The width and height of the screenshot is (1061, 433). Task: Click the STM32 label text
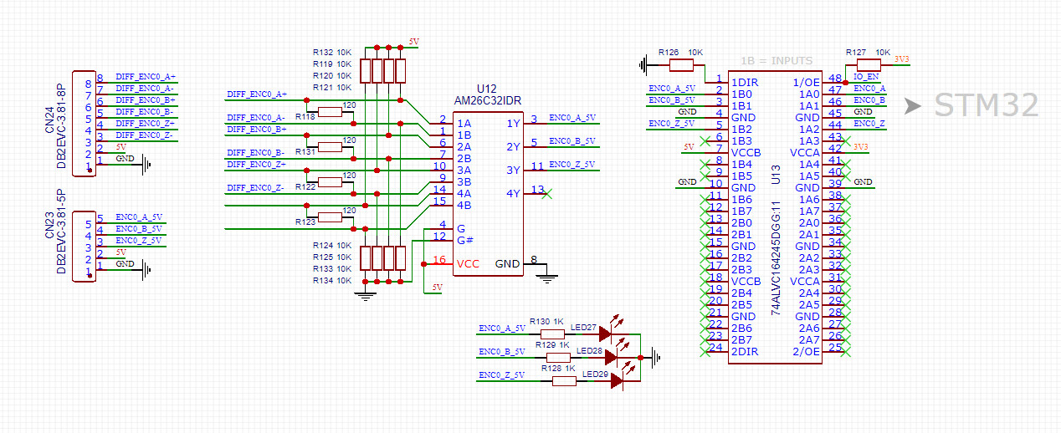click(986, 105)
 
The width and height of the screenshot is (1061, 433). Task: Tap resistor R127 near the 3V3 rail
click(869, 64)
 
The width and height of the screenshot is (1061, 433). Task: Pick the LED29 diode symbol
click(617, 381)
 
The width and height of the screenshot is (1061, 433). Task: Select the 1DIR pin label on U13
click(746, 82)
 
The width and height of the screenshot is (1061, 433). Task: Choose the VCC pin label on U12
click(469, 263)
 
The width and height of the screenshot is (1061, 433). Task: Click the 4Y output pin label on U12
click(513, 193)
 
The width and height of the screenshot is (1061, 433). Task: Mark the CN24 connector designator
click(49, 120)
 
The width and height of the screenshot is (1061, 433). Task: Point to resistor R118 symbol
click(330, 111)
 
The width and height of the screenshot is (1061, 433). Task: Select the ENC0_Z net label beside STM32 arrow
click(870, 124)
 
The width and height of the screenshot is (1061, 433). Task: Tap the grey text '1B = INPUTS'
click(777, 61)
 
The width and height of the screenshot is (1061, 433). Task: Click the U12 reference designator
click(486, 89)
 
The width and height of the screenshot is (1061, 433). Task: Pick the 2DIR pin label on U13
click(746, 351)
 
